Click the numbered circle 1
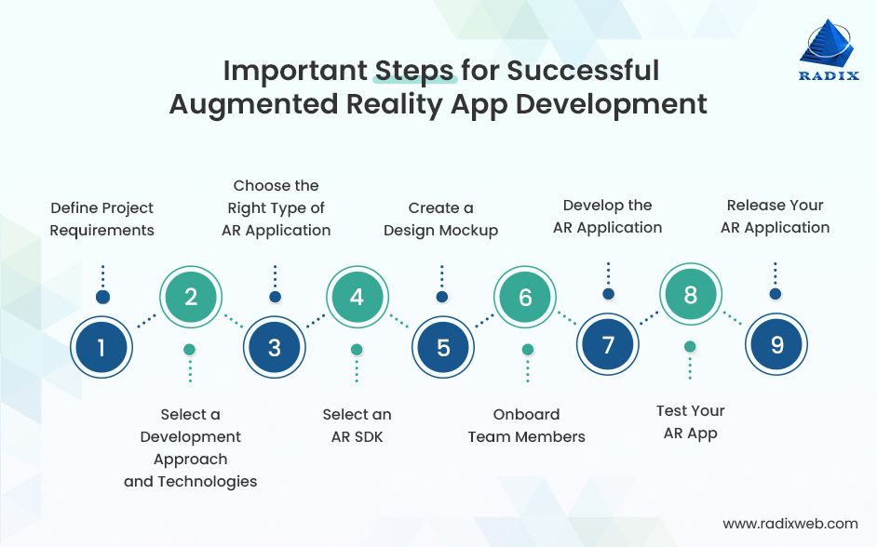tap(102, 348)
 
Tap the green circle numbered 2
tap(191, 298)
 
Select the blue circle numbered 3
tap(274, 348)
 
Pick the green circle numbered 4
tap(357, 298)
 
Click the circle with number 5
tap(443, 348)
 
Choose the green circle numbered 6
tap(525, 298)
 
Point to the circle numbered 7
tap(608, 345)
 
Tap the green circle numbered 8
tap(690, 295)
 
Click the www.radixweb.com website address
tap(790, 524)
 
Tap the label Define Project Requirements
tap(102, 220)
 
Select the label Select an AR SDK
tap(357, 425)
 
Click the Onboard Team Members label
tap(526, 425)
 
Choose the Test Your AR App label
tap(690, 421)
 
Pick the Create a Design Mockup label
tap(441, 220)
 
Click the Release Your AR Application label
tap(775, 216)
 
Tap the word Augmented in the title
tap(250, 104)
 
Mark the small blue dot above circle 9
tap(775, 293)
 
